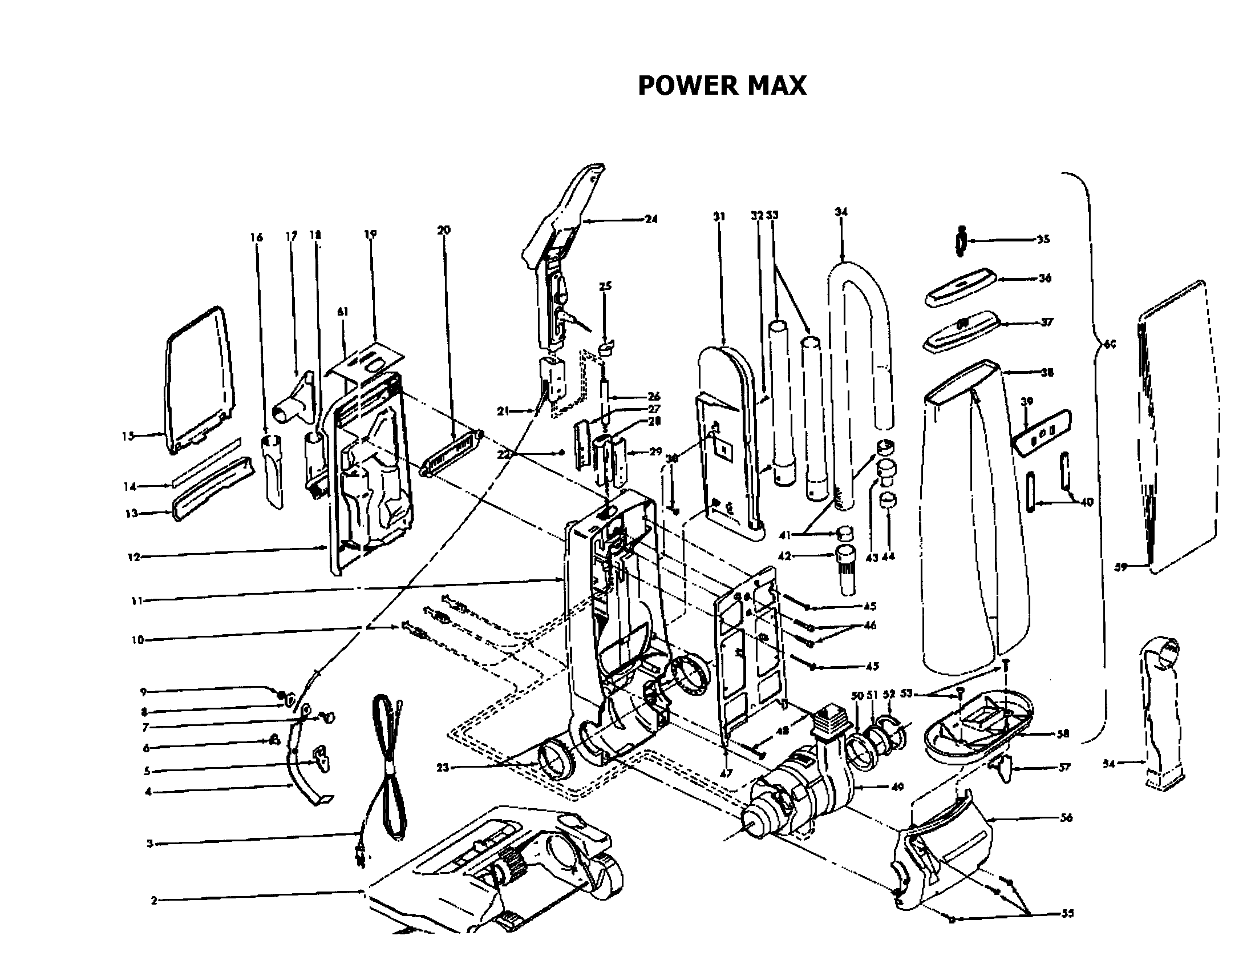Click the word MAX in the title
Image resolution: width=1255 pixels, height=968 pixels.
point(777,86)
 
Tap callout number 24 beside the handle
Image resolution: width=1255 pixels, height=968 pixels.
point(650,219)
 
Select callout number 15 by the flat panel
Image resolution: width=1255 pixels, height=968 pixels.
point(128,435)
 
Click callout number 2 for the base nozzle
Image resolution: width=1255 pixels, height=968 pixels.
point(153,901)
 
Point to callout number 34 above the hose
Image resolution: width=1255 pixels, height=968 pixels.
point(841,212)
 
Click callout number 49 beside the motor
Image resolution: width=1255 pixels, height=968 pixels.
point(896,787)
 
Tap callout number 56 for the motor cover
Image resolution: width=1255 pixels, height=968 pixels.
point(1066,817)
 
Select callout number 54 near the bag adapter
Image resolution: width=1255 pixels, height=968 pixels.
point(1109,764)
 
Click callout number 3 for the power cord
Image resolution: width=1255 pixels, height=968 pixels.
point(149,844)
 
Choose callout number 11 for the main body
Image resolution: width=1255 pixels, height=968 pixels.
point(136,600)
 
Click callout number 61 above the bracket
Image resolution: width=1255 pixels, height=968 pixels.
point(342,312)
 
